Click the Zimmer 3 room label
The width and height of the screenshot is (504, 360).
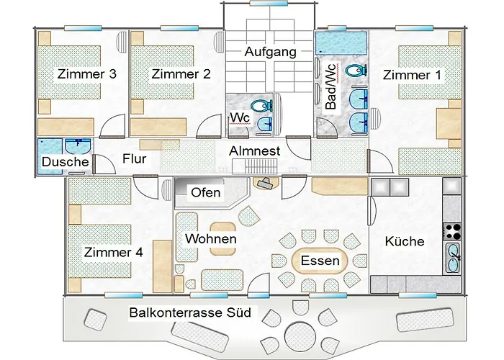point(87,74)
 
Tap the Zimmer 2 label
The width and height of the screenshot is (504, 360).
point(181,74)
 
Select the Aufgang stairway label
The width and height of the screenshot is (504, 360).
point(270,53)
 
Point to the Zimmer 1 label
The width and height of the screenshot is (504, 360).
point(413,75)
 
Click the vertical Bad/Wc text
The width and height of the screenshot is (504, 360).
point(330,87)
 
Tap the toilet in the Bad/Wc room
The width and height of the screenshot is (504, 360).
point(357,71)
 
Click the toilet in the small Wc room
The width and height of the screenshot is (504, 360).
point(261,105)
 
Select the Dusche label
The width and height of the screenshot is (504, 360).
point(66,162)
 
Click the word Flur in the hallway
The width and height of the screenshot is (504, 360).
point(135,159)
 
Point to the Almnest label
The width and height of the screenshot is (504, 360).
point(255,151)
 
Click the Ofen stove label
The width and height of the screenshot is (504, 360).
point(206,192)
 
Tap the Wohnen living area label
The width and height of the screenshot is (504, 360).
point(211,239)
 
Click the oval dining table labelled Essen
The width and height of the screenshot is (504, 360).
point(320,261)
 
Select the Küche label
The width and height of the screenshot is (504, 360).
point(405,241)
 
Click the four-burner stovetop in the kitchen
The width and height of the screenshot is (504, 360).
point(452,232)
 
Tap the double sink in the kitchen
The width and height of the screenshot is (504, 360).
point(453,258)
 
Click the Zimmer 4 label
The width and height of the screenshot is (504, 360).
point(113,252)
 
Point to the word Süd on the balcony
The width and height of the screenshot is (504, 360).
point(239,312)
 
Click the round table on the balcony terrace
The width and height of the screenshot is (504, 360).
point(300,336)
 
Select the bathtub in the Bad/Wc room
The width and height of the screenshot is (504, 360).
point(341,43)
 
